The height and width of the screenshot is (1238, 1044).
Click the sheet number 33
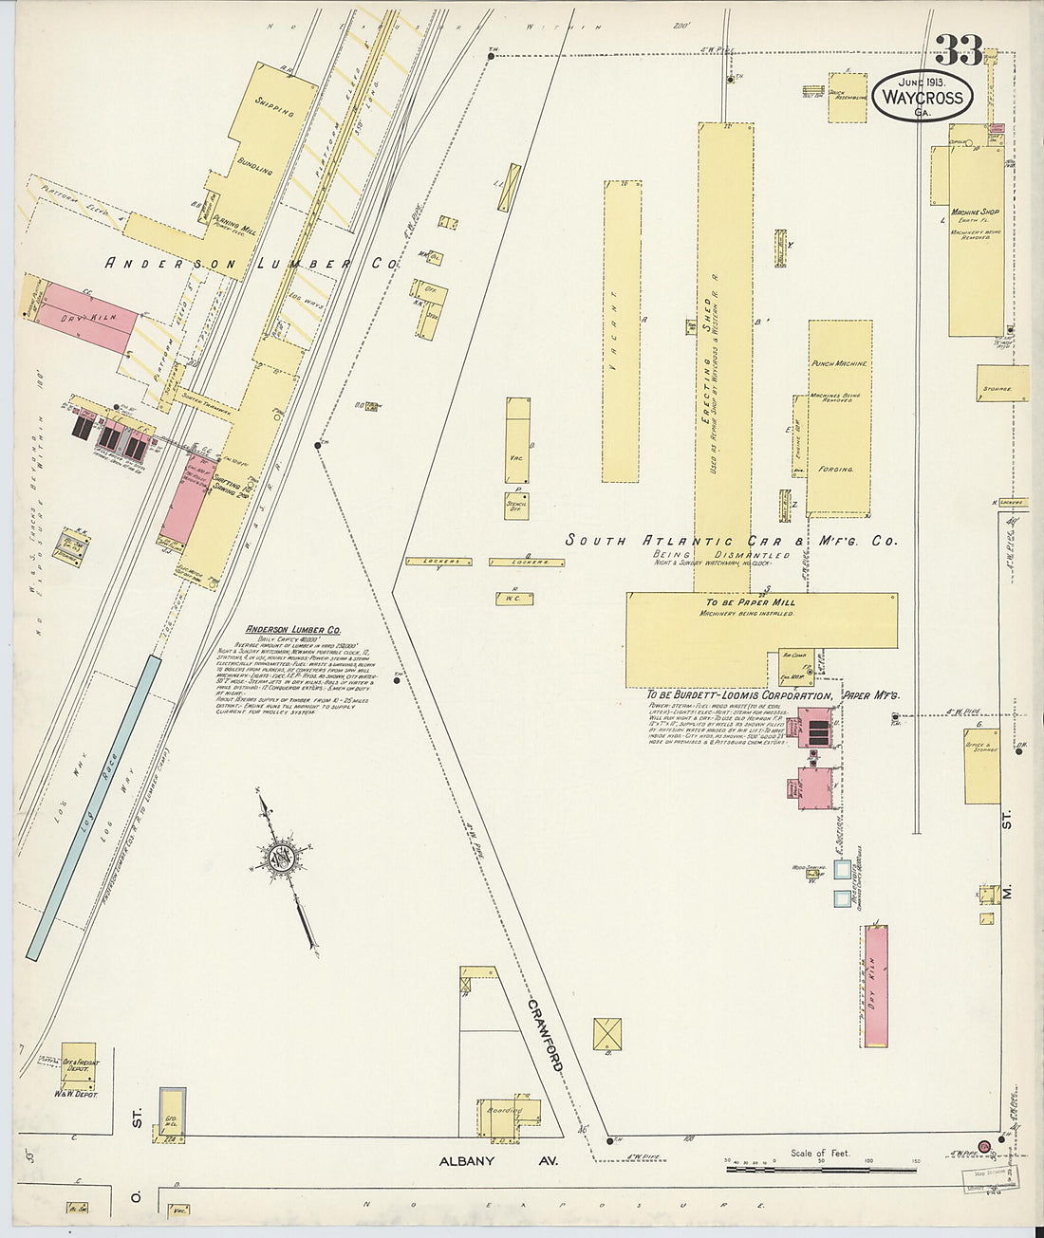(959, 50)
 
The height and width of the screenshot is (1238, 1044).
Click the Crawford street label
(547, 1035)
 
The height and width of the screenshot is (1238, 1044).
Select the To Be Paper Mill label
(750, 602)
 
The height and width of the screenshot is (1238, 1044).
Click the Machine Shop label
(975, 212)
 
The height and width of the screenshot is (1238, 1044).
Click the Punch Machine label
(839, 364)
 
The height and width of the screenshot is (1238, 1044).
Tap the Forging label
(836, 469)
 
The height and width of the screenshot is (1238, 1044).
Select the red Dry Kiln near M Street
(876, 987)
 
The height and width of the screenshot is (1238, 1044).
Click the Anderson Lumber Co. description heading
(293, 630)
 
